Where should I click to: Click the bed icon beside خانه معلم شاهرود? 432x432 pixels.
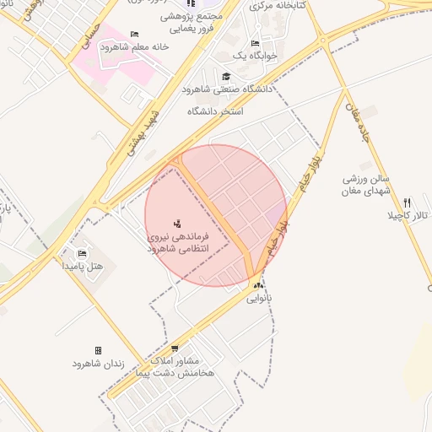point(135,35)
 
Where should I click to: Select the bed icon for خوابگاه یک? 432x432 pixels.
point(255,43)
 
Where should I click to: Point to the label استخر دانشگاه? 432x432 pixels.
point(215,111)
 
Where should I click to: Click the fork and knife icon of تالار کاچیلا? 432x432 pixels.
point(408,202)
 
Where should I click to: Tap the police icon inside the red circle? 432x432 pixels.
point(177,224)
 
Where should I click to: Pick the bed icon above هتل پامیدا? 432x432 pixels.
point(82,253)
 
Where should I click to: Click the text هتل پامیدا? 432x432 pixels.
point(83,266)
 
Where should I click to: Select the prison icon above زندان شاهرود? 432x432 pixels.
point(99,350)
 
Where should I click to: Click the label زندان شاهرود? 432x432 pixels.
point(99,364)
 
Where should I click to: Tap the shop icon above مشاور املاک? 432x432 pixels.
point(175,348)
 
